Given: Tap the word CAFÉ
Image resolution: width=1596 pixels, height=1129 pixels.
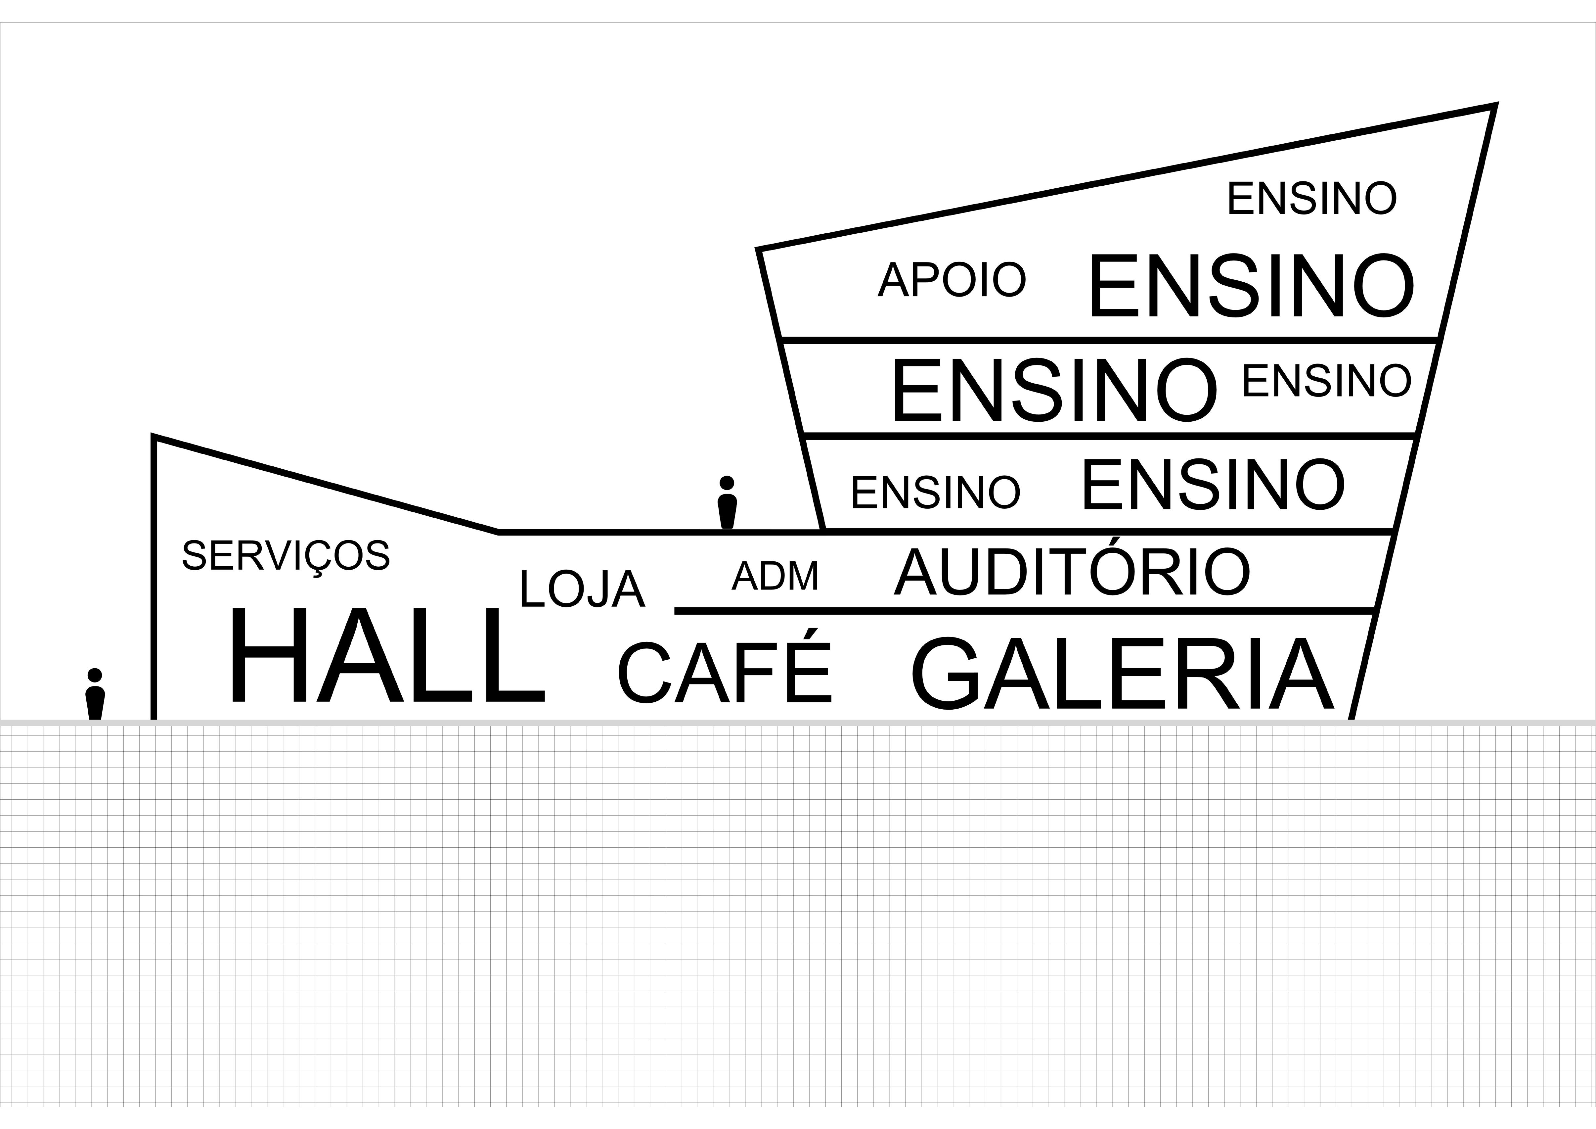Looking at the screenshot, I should [724, 669].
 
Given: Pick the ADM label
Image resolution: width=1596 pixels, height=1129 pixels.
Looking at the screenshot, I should [775, 576].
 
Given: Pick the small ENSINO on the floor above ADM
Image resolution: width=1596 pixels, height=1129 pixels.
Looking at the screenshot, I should [936, 492].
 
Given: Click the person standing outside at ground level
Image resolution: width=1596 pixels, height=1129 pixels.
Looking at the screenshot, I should [95, 697].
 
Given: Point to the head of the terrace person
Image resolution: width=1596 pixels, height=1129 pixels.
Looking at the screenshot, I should [727, 482].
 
